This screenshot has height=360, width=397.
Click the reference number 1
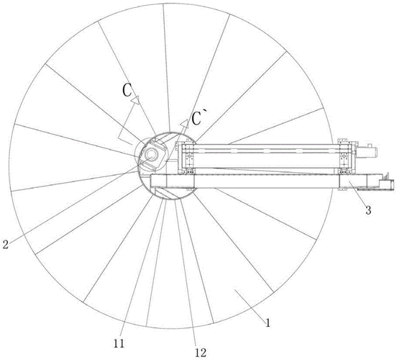pos(268,323)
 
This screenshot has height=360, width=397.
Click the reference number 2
pos(5,244)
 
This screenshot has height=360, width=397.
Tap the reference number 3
pos(368,210)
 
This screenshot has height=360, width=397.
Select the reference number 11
pos(119,343)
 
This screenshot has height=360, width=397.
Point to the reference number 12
pos(201,353)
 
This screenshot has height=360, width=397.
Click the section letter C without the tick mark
pos(127,90)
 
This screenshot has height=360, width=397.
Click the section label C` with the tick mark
pos(197,118)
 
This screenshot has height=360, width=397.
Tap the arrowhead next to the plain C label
pos(135,100)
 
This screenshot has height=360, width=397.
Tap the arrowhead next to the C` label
pos(185,122)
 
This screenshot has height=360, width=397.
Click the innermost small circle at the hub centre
pos(151,153)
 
